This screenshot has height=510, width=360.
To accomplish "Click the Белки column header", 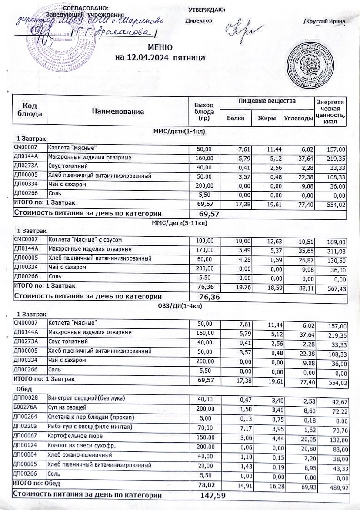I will (x=236, y=118).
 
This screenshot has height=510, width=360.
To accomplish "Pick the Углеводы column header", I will (x=298, y=118).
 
